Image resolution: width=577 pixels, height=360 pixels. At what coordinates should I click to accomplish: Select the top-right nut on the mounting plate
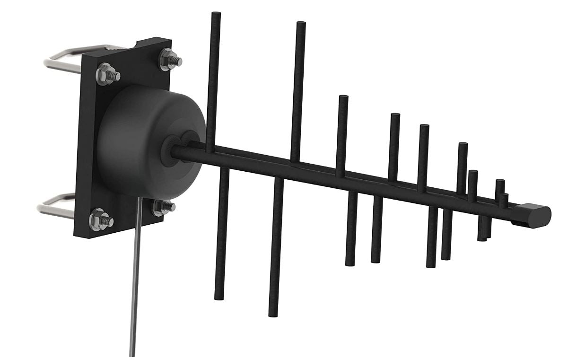coord(167,59)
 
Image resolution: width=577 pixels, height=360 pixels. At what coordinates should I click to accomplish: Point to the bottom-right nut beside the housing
coord(162,206)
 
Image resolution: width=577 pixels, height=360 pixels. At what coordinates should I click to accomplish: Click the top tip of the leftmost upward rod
coord(216,15)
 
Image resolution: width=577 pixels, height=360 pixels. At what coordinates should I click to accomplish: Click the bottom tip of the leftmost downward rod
coord(219,297)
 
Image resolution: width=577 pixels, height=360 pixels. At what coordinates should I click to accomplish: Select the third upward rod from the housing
coord(342,132)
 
